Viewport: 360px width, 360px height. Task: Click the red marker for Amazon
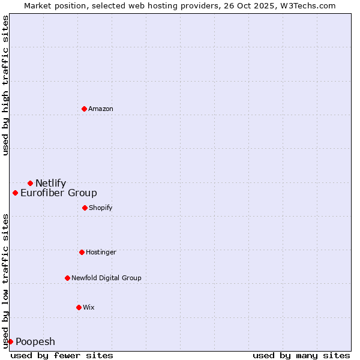(x=84, y=109)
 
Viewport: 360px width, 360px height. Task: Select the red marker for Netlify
(x=30, y=183)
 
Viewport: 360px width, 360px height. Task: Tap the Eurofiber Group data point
(x=15, y=193)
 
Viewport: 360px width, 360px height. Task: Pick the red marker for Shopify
(x=85, y=208)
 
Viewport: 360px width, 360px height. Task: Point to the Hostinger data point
(x=82, y=252)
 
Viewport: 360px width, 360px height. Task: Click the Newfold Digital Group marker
(x=67, y=278)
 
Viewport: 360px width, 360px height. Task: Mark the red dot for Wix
(x=79, y=307)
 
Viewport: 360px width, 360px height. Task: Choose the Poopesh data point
(x=10, y=341)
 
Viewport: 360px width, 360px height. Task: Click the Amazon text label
(x=101, y=109)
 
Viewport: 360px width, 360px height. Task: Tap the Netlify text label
(x=50, y=183)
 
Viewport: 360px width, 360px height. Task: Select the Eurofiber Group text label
(x=58, y=193)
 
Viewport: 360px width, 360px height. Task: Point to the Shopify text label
(x=100, y=208)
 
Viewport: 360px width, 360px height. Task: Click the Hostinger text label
(x=101, y=252)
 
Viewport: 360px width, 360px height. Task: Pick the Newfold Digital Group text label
(x=106, y=278)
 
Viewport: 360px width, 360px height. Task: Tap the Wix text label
(x=89, y=307)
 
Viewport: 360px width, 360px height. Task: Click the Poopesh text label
(x=35, y=341)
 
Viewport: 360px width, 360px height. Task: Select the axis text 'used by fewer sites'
(x=62, y=355)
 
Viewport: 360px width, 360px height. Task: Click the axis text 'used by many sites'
(x=301, y=355)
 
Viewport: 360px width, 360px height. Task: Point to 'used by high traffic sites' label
(x=5, y=86)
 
